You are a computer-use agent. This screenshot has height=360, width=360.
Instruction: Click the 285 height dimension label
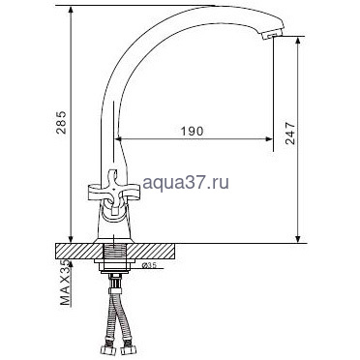click(61, 123)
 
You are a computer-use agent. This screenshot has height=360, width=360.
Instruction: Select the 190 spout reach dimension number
click(192, 132)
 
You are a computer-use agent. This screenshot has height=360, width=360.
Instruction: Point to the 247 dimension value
click(290, 134)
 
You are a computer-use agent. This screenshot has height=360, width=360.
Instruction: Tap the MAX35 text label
click(65, 283)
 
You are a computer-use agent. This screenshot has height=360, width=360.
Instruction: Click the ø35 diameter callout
click(149, 265)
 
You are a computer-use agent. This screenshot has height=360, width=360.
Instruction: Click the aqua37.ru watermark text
click(186, 183)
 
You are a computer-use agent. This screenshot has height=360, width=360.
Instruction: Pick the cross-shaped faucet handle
click(114, 192)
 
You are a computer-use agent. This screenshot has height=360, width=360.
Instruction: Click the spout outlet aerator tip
click(271, 35)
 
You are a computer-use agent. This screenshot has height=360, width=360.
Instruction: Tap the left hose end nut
click(106, 350)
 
